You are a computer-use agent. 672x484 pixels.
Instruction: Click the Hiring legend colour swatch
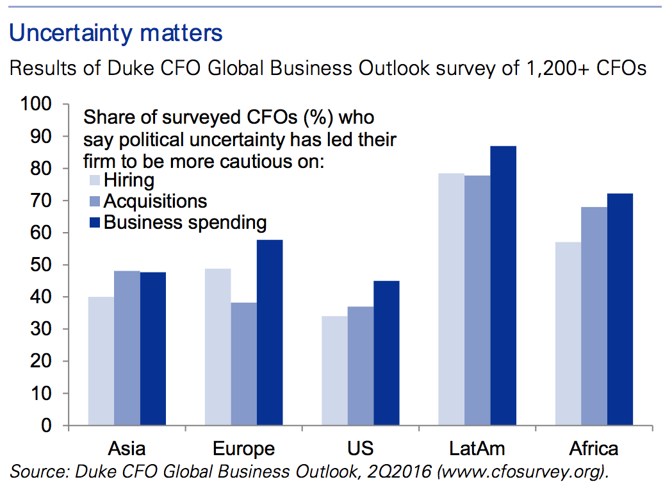(92, 181)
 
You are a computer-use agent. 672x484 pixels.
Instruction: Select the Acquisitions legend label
(155, 201)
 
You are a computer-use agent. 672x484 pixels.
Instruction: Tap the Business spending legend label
(184, 222)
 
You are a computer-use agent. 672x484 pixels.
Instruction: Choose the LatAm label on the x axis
(477, 447)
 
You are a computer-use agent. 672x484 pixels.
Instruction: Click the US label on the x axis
(360, 447)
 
